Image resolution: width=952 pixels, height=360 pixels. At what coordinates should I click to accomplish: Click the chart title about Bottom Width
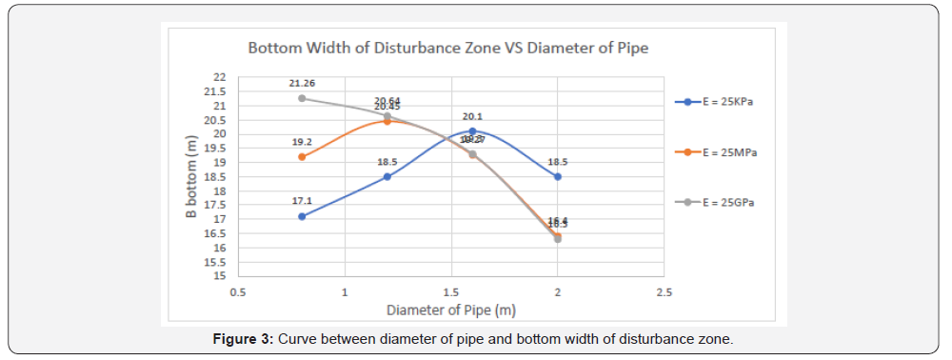click(447, 47)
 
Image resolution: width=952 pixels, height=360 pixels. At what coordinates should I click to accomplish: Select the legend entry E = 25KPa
click(723, 101)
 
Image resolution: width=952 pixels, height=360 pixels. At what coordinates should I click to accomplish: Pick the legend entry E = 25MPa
click(723, 151)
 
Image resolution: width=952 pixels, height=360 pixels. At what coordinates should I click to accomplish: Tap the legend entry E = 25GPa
click(723, 202)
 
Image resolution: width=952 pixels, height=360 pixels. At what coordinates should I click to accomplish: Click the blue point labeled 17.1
click(302, 216)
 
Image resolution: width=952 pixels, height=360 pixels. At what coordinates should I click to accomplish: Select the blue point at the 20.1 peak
click(472, 131)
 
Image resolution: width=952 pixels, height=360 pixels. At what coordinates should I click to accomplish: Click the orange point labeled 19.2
click(302, 157)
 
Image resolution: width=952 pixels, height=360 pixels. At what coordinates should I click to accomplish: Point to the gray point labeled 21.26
click(302, 98)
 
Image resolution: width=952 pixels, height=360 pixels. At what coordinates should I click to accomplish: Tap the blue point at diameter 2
click(558, 176)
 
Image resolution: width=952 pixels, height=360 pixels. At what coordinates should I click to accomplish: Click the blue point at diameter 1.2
click(387, 176)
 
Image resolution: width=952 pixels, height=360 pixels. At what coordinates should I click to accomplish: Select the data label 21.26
click(303, 84)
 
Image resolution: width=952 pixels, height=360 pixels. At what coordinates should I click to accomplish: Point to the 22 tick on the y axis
click(220, 77)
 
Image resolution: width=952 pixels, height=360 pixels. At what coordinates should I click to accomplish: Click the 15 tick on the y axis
click(220, 276)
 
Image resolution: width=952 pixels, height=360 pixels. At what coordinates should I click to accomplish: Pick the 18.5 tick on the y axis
click(218, 176)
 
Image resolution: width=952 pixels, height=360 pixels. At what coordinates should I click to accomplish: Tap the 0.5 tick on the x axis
click(238, 291)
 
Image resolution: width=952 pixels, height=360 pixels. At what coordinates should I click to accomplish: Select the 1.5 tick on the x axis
click(451, 291)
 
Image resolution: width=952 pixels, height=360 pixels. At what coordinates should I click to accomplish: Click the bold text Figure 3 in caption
click(243, 340)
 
